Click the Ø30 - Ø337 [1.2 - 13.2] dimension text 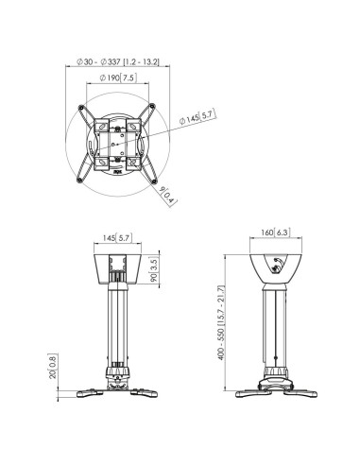[x=118, y=61]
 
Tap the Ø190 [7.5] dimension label [x=118, y=77]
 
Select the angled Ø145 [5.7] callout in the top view [x=197, y=116]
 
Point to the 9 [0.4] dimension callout [x=168, y=196]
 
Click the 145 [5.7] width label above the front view [x=117, y=238]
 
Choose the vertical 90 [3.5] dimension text [x=153, y=269]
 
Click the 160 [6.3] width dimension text [x=274, y=232]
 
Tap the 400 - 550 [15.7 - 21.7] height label [x=221, y=322]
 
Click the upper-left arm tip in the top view [x=81, y=107]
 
